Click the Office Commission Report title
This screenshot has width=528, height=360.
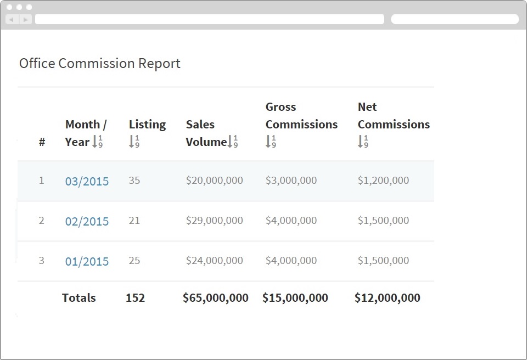(x=100, y=64)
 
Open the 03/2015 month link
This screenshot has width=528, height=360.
(x=87, y=181)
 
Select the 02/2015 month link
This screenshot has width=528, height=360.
(x=87, y=221)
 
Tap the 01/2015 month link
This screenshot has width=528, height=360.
(x=87, y=261)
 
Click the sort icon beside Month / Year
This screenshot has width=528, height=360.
(x=97, y=142)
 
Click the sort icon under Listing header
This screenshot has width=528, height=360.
(x=134, y=142)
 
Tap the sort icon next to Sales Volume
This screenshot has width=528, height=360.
(x=232, y=142)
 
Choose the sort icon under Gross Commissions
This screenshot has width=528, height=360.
(x=271, y=142)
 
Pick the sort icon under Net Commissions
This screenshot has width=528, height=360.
(x=363, y=142)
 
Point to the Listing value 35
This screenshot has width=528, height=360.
(x=134, y=180)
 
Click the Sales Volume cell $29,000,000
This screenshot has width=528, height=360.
(x=214, y=220)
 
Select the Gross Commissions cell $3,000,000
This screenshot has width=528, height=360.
(x=291, y=180)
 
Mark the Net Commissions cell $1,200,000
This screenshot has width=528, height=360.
(x=383, y=180)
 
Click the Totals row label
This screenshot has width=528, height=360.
(x=78, y=298)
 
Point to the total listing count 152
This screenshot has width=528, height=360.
(x=135, y=298)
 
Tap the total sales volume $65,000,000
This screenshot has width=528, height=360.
(x=215, y=298)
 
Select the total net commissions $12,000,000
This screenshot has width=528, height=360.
(x=387, y=298)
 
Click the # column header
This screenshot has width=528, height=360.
(x=42, y=142)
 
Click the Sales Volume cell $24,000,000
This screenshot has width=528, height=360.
(x=214, y=261)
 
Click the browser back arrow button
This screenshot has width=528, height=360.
(x=11, y=19)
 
